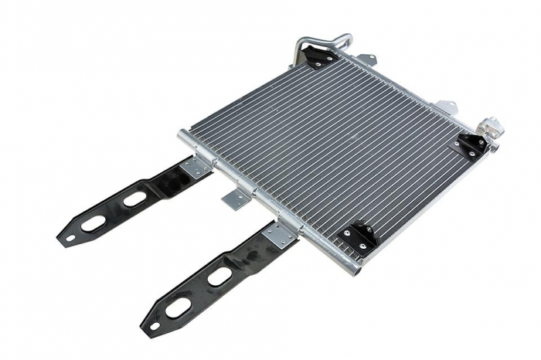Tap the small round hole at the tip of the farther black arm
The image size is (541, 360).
(x=70, y=237)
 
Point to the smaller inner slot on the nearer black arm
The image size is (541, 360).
(x=219, y=276)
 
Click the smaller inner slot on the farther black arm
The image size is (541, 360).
(x=134, y=199)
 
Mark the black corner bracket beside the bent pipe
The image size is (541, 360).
(x=318, y=56)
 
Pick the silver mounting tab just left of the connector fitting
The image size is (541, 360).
(x=447, y=105)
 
